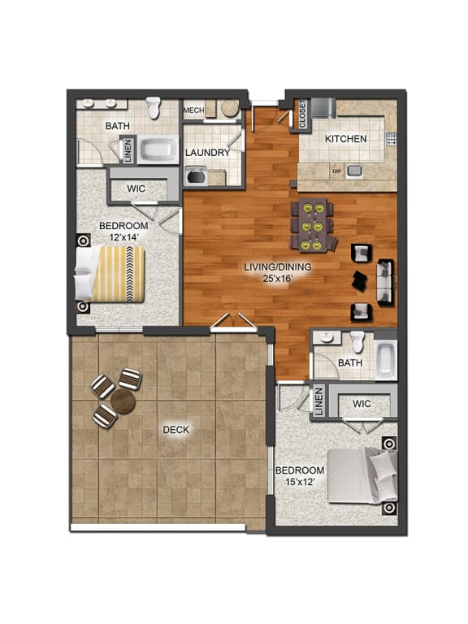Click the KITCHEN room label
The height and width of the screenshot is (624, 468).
[x=345, y=139]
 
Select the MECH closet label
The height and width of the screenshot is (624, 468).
[x=193, y=110]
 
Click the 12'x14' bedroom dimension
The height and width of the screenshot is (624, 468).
[x=123, y=237]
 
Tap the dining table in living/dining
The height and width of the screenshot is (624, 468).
[x=313, y=223]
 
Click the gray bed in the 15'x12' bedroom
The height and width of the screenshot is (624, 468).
[x=358, y=475]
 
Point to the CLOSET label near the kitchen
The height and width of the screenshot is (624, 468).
[x=301, y=115]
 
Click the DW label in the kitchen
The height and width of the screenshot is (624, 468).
[x=336, y=171]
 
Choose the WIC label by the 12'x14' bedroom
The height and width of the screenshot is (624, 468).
[x=136, y=188]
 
